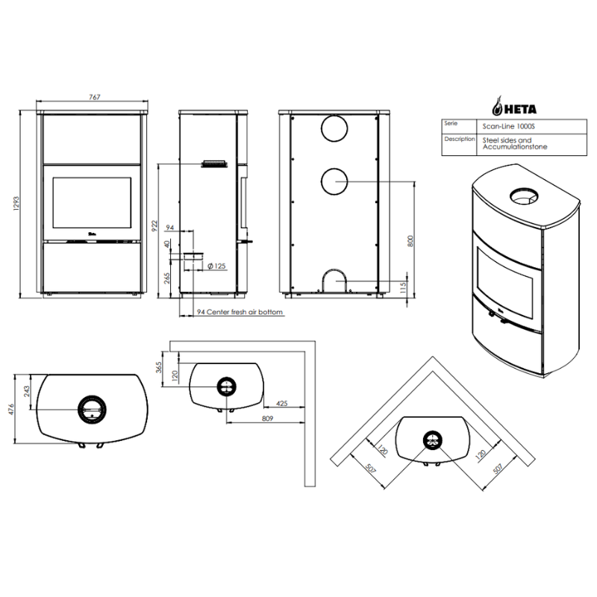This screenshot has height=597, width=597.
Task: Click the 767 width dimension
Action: tap(95, 97)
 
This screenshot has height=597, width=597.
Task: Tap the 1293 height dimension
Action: tap(16, 204)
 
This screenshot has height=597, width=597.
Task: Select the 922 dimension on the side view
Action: tap(154, 227)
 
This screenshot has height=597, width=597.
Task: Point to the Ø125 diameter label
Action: tap(216, 266)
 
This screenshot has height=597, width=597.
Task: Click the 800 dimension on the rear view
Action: tap(410, 241)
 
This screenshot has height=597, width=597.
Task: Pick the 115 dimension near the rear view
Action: tap(404, 287)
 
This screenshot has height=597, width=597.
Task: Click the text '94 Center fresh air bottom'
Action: tap(240, 312)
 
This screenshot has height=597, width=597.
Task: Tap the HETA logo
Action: tap(514, 106)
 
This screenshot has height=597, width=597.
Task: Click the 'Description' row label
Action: tap(460, 139)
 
